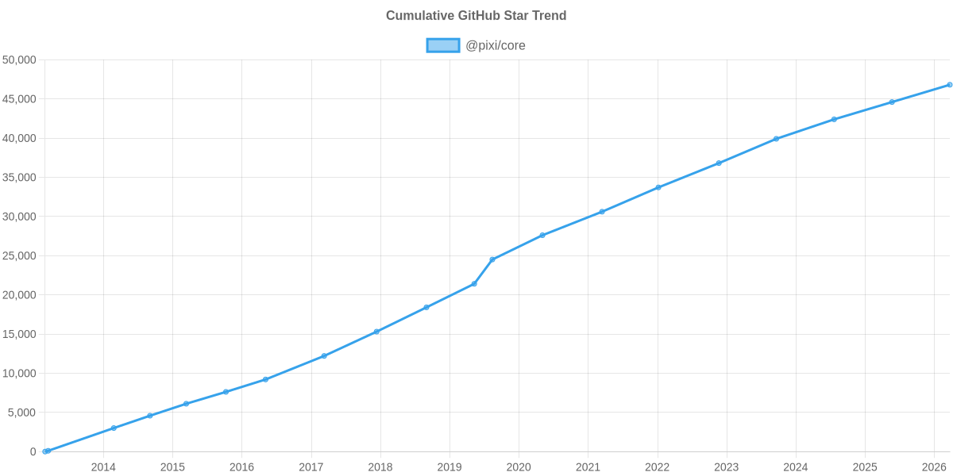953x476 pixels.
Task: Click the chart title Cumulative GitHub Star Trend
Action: click(x=476, y=15)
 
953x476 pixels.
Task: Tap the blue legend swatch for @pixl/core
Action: click(x=442, y=45)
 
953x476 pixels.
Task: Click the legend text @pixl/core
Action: click(x=496, y=45)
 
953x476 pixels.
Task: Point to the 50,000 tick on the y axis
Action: click(x=20, y=59)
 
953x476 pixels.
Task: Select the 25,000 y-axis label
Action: click(x=20, y=255)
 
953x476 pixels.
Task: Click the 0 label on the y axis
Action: click(x=33, y=451)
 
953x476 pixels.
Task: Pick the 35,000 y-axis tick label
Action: click(x=20, y=177)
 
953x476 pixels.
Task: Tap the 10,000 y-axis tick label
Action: click(x=20, y=373)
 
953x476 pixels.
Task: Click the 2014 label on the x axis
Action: click(x=103, y=466)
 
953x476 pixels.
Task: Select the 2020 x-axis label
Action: click(x=519, y=466)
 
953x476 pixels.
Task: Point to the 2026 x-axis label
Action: click(x=934, y=466)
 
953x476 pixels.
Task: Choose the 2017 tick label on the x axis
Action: click(x=311, y=466)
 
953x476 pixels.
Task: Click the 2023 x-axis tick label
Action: click(x=726, y=466)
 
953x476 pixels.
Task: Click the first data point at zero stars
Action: click(x=46, y=451)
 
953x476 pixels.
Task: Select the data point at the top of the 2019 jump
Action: click(x=492, y=259)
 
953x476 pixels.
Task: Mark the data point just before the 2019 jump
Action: click(x=474, y=284)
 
